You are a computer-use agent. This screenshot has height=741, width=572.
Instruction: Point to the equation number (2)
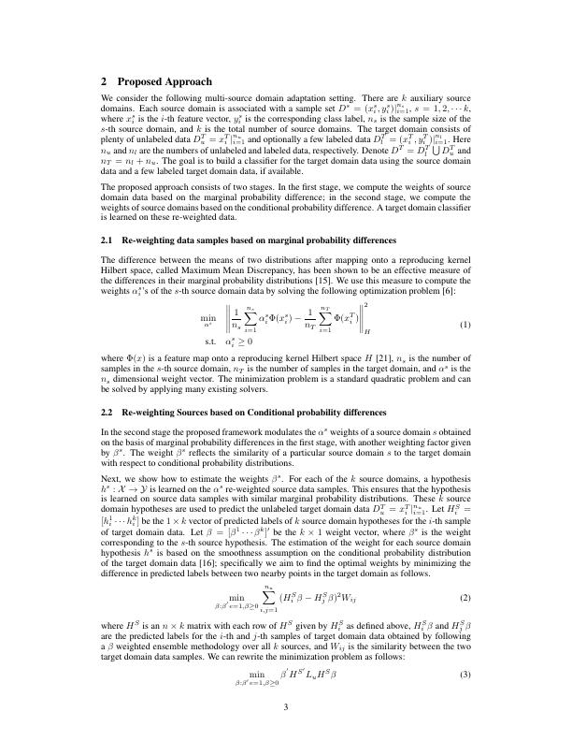tap(465, 596)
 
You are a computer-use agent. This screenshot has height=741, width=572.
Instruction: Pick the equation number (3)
tap(465, 676)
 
